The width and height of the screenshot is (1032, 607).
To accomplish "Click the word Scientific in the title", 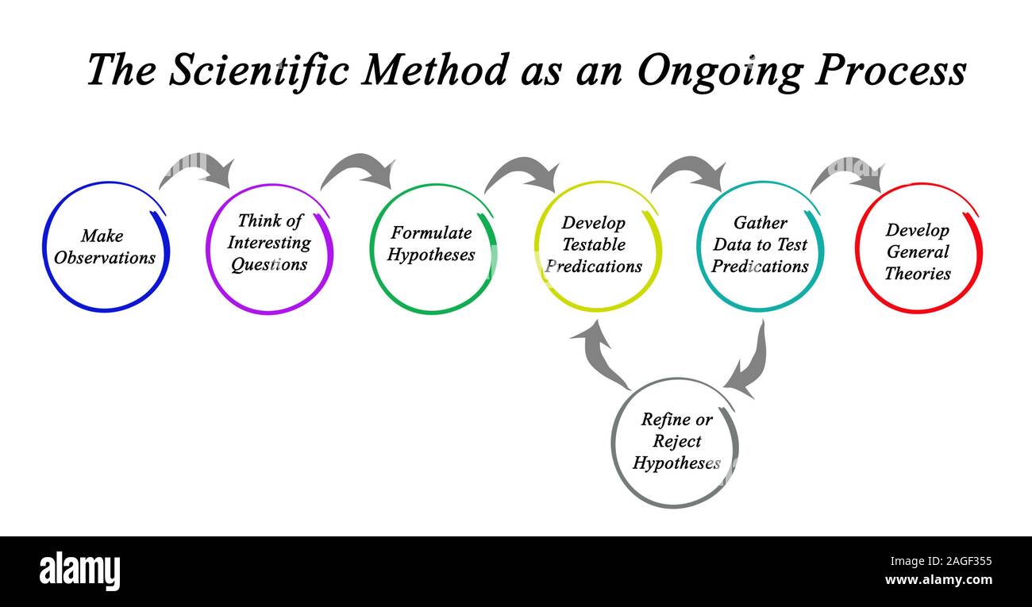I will coord(258,70).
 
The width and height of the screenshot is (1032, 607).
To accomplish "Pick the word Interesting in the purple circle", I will coord(269,243).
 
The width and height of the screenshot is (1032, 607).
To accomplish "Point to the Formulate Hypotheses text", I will coord(431,244).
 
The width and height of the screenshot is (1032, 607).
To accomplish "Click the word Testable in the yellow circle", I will coord(594,244).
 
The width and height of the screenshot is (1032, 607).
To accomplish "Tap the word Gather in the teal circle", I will coord(760,223).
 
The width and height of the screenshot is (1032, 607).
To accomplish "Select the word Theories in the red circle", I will coord(918,274).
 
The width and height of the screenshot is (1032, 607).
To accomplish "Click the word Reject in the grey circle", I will coord(677,441).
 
